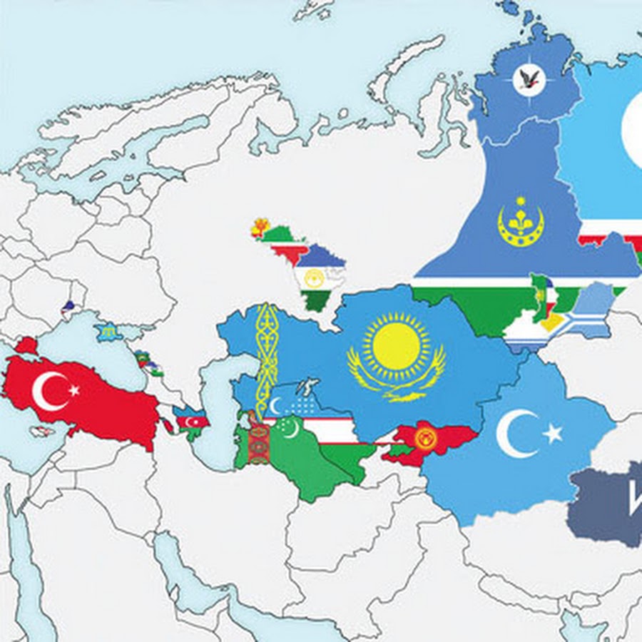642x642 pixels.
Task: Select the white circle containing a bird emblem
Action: coord(529,81)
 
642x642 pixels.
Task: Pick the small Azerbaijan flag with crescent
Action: coord(191,420)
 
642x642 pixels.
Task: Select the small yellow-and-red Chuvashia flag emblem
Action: coord(260,228)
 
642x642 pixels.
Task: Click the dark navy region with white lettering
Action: coord(606,503)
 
